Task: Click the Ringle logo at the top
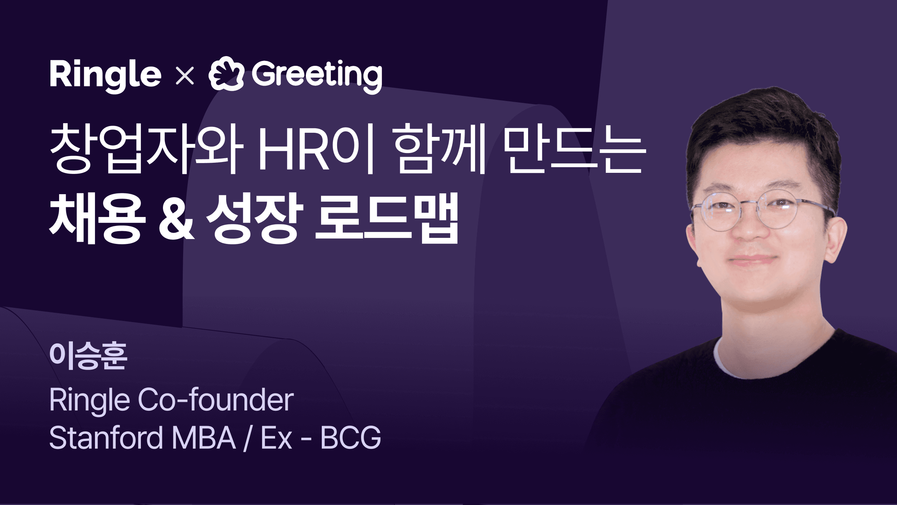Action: (105, 75)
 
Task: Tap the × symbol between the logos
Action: (185, 76)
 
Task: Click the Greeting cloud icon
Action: (226, 74)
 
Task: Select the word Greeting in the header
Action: (317, 75)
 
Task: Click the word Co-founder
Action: (216, 400)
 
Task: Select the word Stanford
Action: (106, 438)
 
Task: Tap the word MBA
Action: (204, 438)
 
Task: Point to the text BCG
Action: (351, 438)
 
